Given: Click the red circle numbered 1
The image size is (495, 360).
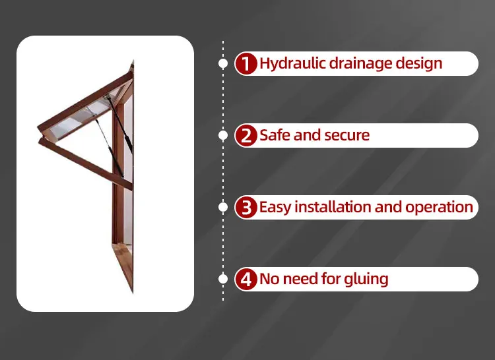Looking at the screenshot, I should coord(246,64).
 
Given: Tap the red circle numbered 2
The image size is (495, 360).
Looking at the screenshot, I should coord(246,136).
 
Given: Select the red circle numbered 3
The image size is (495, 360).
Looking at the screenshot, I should coord(246,208).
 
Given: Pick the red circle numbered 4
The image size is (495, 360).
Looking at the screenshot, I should coord(246,280).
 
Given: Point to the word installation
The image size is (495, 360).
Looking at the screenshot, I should coord(333,207).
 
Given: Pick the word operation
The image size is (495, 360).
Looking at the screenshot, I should coord(439,207).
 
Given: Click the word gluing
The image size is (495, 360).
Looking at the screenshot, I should coord(366,280).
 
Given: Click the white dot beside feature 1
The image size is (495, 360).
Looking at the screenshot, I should coord(223,64).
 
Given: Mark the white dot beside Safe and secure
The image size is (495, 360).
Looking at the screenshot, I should coord(223,136).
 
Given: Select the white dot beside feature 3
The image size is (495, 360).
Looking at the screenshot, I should coord(223,208).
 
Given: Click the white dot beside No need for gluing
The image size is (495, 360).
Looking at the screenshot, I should coord(223,280).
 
